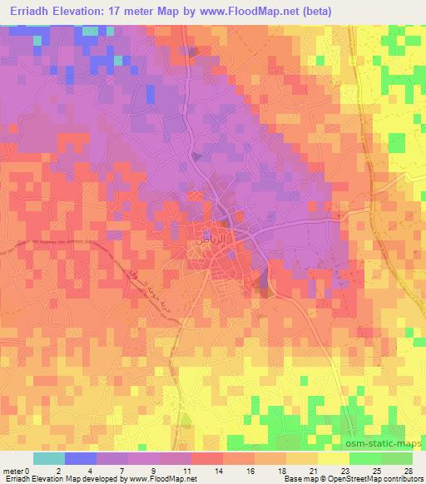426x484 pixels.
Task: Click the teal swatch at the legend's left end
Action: coord(49,457)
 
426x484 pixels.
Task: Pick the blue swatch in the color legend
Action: coord(81,457)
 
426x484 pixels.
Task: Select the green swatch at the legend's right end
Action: coord(397,457)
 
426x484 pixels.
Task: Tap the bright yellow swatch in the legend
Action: coord(333,457)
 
